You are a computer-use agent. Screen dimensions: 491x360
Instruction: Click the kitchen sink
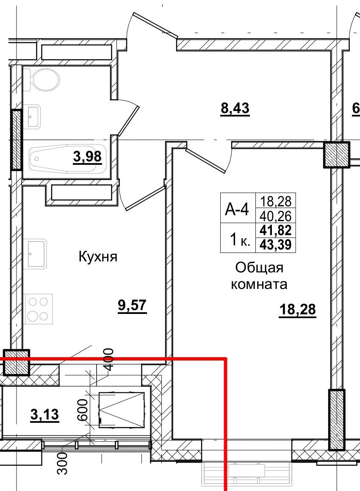tap(38, 254)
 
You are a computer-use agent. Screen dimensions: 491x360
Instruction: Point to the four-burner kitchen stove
tap(38, 308)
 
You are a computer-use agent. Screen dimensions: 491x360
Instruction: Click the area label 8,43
tap(235, 109)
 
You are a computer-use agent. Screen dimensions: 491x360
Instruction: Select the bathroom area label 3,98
tap(87, 157)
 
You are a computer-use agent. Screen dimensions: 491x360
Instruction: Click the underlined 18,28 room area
tap(298, 310)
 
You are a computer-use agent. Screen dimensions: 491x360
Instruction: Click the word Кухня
tap(97, 256)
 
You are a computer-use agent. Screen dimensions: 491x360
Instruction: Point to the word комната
tap(259, 284)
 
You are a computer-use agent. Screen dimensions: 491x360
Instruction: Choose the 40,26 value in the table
tap(277, 216)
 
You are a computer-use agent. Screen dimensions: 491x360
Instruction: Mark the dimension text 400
tap(108, 359)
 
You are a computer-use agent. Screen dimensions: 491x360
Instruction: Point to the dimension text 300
tap(62, 463)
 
